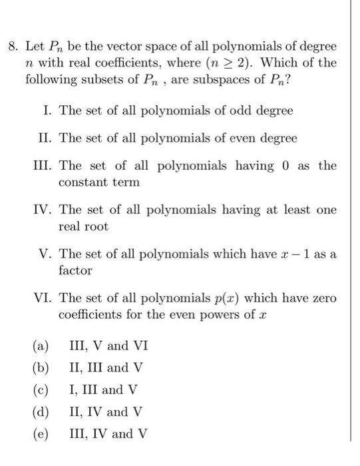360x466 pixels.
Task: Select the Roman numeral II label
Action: [46, 138]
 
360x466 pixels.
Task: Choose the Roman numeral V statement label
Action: [47, 255]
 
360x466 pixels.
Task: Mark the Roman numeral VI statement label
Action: [43, 299]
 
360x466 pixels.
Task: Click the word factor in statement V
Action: [75, 271]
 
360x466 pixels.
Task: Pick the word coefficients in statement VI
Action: [92, 315]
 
